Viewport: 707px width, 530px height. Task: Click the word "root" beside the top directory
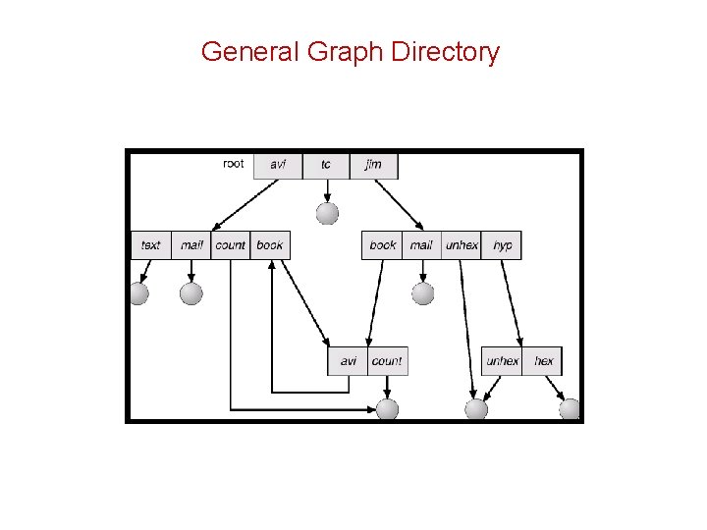[x=234, y=164]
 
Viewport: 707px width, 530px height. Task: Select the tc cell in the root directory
[x=325, y=165]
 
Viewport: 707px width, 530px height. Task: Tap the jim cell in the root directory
[x=373, y=165]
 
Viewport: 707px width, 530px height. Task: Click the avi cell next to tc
[x=278, y=165]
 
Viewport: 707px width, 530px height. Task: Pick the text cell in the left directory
[x=151, y=245]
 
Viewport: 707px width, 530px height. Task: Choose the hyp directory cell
[x=502, y=245]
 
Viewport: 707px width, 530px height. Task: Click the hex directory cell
[x=543, y=361]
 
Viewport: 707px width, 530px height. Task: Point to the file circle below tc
[x=327, y=213]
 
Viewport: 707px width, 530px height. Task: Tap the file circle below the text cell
[x=139, y=293]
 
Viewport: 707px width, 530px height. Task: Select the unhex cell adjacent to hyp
[x=462, y=245]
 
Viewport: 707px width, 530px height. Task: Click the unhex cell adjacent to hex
[x=502, y=361]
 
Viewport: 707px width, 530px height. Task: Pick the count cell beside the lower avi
[x=387, y=361]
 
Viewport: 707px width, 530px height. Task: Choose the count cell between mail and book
[x=231, y=245]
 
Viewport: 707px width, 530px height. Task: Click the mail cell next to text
[x=191, y=245]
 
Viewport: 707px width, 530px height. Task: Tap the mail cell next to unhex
[x=421, y=245]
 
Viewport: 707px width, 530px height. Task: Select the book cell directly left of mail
[x=383, y=245]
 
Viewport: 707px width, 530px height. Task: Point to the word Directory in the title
[x=445, y=52]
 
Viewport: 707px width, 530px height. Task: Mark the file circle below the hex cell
[x=570, y=409]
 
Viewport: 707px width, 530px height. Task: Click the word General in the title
[x=250, y=52]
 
